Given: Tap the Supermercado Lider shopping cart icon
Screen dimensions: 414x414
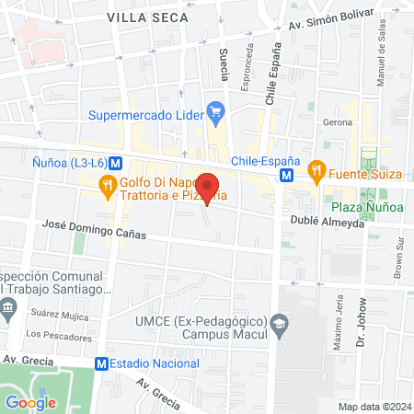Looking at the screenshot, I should click(x=215, y=115).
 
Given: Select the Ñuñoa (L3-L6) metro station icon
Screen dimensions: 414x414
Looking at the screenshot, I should click(x=115, y=163).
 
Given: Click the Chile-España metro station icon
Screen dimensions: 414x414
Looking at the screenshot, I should click(x=288, y=173).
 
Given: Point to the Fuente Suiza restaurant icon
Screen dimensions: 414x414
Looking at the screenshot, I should click(x=316, y=169).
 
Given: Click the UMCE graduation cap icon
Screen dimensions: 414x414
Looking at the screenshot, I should click(x=280, y=324).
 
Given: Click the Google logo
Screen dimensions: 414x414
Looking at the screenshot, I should click(x=30, y=402).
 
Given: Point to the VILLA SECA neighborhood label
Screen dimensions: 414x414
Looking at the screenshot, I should click(x=147, y=17).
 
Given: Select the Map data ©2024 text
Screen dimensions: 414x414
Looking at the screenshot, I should click(x=374, y=406).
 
